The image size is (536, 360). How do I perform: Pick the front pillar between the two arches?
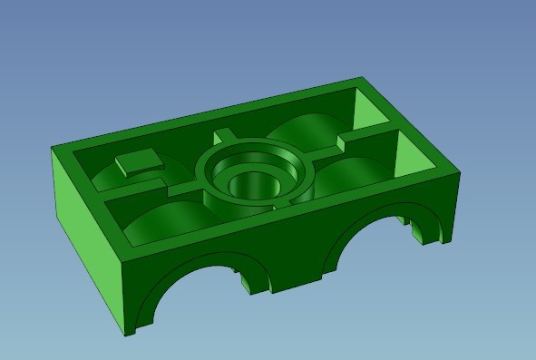(x=295, y=272)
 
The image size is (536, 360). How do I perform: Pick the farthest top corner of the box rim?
(x=364, y=80)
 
